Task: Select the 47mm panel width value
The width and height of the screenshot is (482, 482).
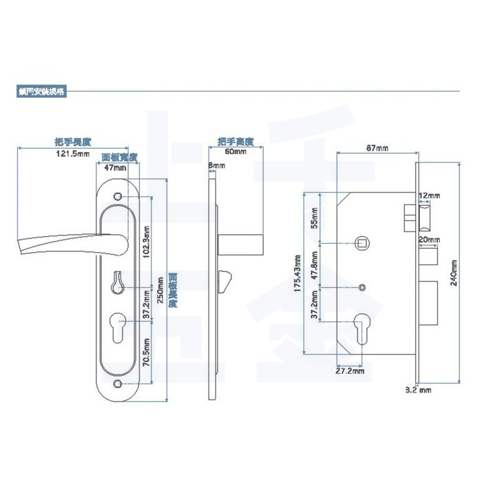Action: [115, 167]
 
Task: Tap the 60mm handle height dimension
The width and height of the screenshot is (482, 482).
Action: [235, 151]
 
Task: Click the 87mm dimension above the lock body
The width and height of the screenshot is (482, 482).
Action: [376, 149]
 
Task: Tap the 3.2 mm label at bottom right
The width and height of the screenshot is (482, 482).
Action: [418, 390]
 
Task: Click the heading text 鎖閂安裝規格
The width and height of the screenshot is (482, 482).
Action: [42, 90]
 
